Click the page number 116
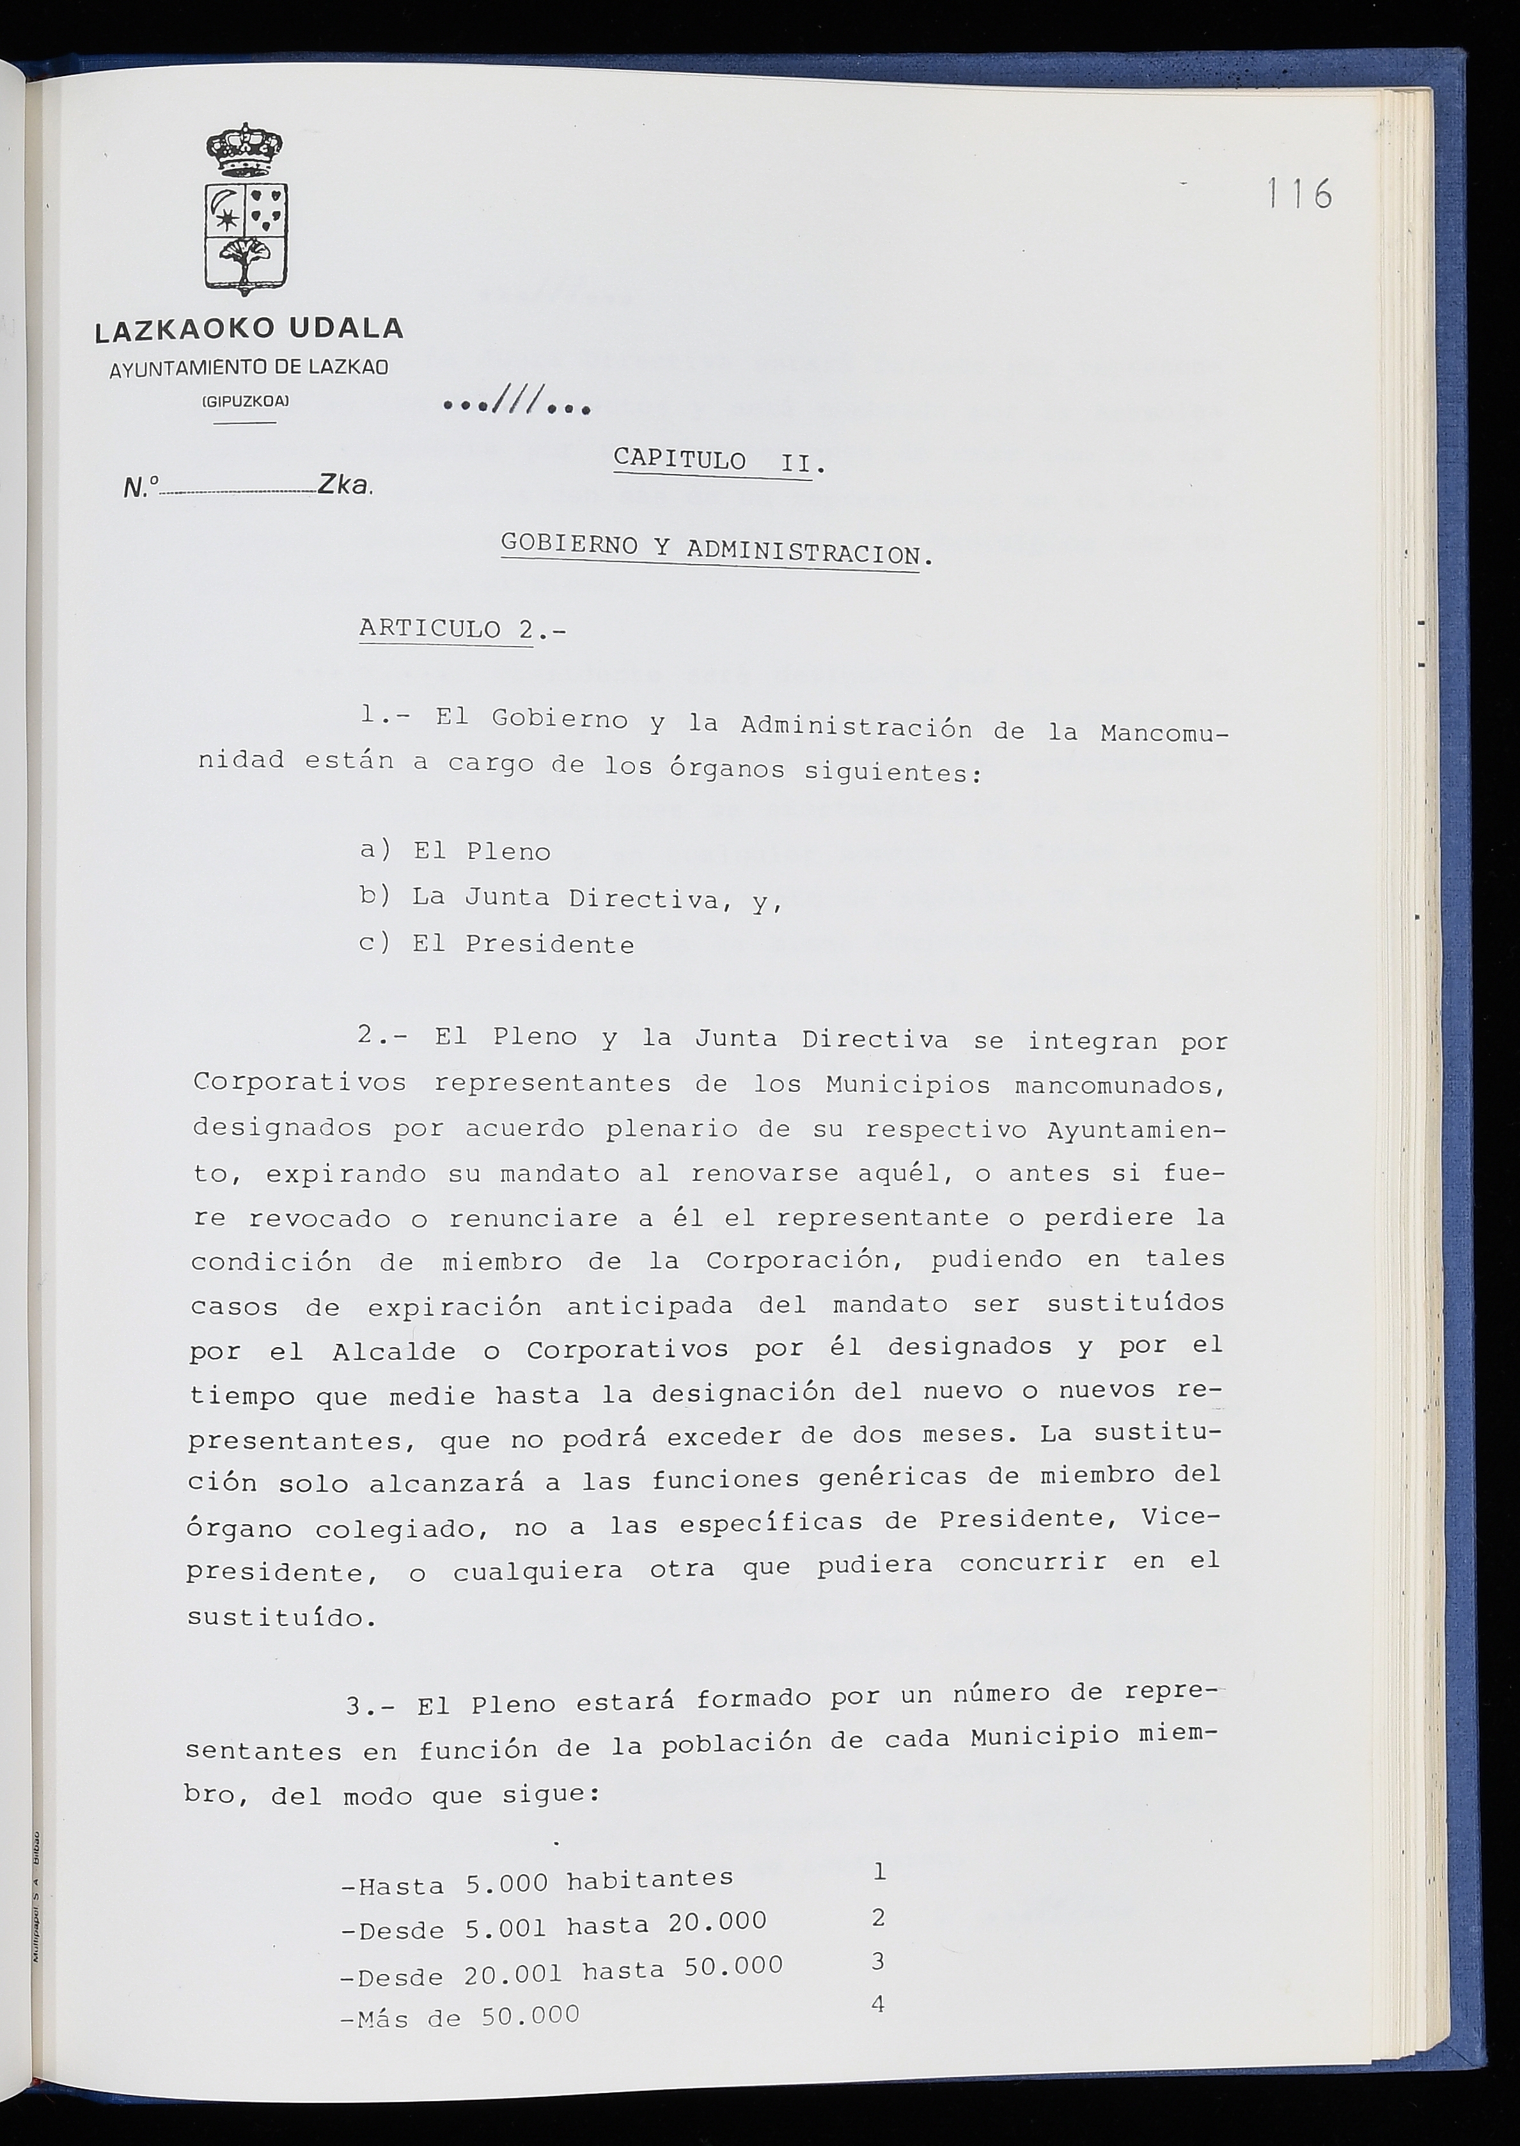click(x=1299, y=194)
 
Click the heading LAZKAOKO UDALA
click(x=249, y=329)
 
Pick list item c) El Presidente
click(x=497, y=945)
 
